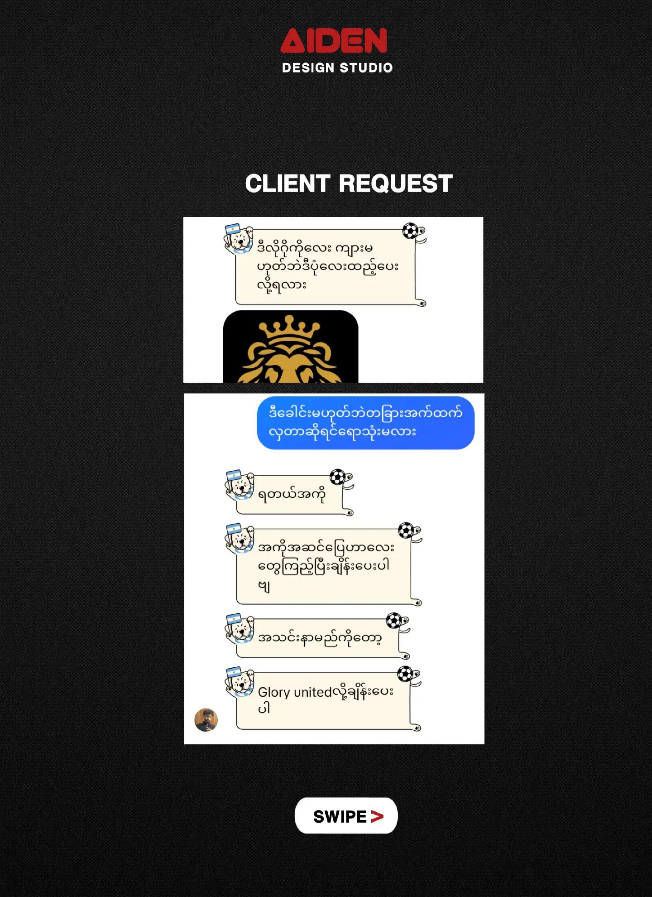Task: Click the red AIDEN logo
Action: [334, 40]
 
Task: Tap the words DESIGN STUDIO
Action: [337, 68]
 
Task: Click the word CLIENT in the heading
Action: [287, 183]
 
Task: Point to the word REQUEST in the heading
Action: [396, 183]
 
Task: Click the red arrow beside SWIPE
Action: [377, 816]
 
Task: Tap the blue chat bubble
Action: [365, 423]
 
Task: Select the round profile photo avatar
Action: [206, 719]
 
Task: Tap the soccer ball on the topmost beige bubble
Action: [411, 231]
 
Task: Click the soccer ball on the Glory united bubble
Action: [405, 674]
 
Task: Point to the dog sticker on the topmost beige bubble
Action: [239, 238]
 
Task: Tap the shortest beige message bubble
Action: [294, 494]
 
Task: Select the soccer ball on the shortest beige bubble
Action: [337, 477]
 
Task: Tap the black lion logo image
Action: [291, 347]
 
